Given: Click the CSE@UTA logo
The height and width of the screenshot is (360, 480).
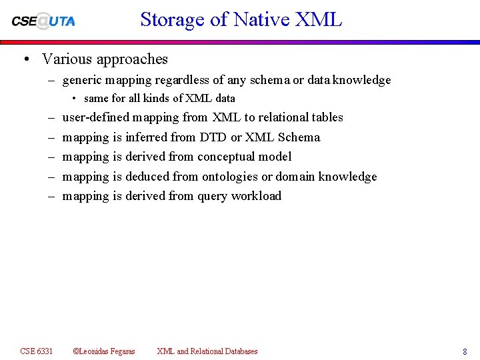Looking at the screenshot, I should point(43,20).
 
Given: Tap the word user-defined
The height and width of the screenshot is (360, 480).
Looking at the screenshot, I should point(95,117).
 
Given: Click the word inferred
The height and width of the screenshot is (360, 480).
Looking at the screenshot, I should point(146,137).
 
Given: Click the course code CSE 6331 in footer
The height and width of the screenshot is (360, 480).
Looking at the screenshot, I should point(37,351).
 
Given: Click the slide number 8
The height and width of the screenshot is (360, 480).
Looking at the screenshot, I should point(465,351).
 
